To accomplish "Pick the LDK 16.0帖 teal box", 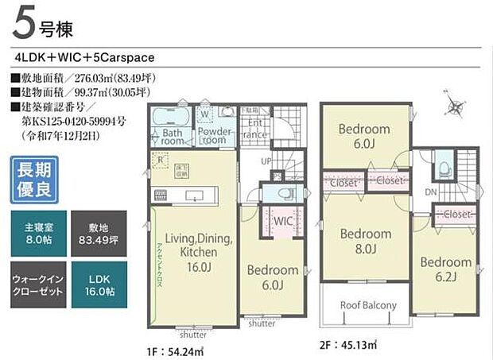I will coord(97,285).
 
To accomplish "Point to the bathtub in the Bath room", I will coord(169,115).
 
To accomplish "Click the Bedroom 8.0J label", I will coord(365,241).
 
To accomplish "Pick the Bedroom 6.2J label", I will coord(445,269).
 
